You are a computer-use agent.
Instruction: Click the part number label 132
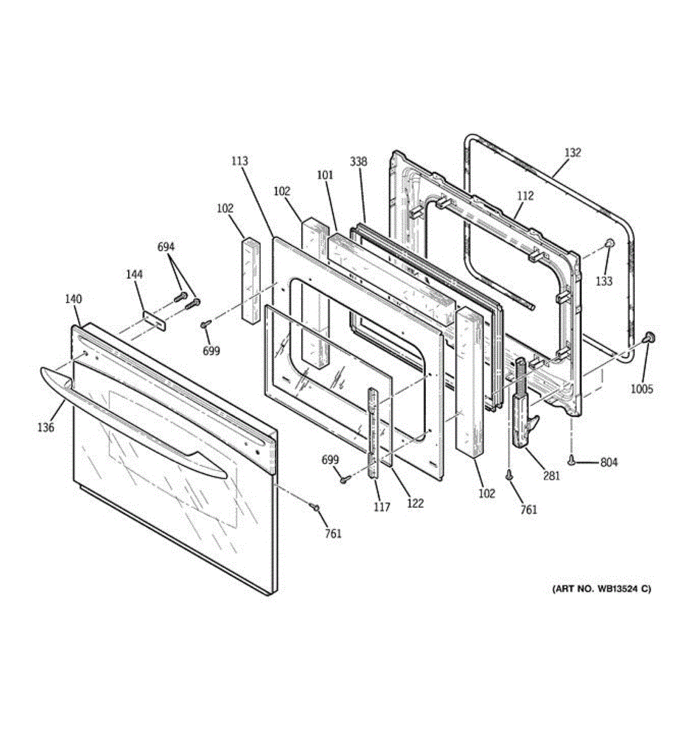point(572,153)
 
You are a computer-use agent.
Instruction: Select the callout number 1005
point(641,389)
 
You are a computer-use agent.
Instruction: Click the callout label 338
point(358,162)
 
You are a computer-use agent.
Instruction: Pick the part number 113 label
point(239,161)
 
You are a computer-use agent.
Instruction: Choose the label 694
point(166,247)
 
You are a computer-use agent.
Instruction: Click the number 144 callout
point(134,274)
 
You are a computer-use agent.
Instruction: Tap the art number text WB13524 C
point(602,589)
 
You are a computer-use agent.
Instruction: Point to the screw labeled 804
point(572,460)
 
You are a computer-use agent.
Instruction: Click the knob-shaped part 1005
point(647,337)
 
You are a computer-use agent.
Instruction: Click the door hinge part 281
point(521,406)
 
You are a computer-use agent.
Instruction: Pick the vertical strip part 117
point(374,432)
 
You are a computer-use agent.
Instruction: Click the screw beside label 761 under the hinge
point(509,475)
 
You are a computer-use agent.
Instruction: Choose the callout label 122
point(415,503)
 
